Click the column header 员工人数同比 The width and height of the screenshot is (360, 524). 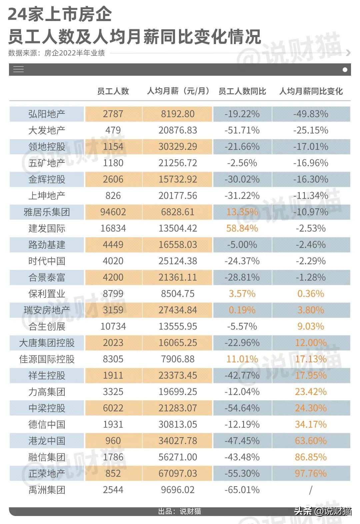click(242, 91)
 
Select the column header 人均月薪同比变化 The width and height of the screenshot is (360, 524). click(311, 91)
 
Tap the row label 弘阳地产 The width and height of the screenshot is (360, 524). click(47, 114)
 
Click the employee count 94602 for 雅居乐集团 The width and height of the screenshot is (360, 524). click(113, 212)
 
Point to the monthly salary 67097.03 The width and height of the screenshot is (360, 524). click(178, 474)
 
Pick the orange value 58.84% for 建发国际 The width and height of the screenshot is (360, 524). click(242, 228)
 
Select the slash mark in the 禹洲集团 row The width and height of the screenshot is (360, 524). click(311, 490)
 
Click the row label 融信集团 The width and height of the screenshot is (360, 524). click(47, 457)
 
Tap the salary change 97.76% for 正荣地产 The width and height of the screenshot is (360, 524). click(311, 474)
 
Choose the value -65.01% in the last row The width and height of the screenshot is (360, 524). click(242, 490)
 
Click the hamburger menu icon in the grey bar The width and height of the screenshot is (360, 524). click(18, 69)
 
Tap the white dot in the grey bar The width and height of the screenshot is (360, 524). click(345, 70)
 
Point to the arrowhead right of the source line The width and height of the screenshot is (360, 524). click(348, 53)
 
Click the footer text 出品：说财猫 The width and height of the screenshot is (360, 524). click(180, 511)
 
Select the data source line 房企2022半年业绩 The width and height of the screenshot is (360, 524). click(57, 53)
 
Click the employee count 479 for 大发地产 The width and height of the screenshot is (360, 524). click(113, 130)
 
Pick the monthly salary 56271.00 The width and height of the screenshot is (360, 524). click(178, 457)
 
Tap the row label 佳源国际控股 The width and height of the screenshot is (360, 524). click(47, 359)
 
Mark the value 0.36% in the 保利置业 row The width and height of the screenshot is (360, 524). click(311, 294)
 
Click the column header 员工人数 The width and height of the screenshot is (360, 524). click(113, 91)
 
